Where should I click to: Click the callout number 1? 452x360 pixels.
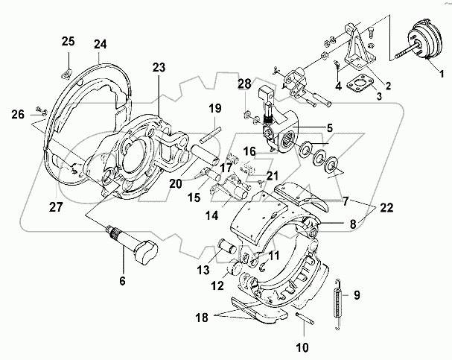[x=442, y=74]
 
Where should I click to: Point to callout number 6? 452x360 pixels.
[x=123, y=280]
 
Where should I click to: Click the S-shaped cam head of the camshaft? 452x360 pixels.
[x=147, y=253]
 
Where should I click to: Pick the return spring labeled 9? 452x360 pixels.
[x=338, y=304]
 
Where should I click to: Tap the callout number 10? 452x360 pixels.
[x=302, y=347]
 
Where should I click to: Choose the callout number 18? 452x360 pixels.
[x=202, y=318]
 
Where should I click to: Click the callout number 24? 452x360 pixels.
[x=100, y=44]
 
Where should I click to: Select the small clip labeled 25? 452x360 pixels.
[x=66, y=75]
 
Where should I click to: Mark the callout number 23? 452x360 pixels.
[x=159, y=67]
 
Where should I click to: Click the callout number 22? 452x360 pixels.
[x=386, y=207]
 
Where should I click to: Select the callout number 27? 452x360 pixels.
[x=56, y=206]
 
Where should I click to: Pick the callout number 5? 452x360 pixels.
[x=329, y=127]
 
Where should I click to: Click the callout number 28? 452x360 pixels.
[x=244, y=84]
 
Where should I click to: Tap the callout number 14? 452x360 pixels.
[x=212, y=215]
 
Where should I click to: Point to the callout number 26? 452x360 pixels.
[x=18, y=115]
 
